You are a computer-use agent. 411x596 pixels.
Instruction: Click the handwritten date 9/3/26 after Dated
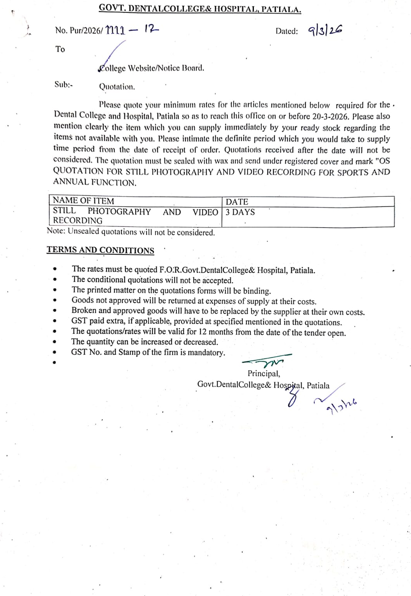point(325,31)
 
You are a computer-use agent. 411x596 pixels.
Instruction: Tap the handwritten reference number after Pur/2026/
point(132,30)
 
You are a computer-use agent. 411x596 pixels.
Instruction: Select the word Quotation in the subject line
point(117,87)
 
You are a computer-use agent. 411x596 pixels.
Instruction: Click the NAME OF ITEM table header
point(83,201)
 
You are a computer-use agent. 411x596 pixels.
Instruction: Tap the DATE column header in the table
point(237,202)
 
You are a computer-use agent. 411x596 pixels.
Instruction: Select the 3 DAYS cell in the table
point(240,212)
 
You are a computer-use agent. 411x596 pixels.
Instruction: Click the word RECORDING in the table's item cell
point(77,221)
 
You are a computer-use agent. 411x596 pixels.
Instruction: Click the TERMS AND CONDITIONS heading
point(100,250)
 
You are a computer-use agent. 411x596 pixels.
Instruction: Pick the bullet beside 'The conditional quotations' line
point(55,279)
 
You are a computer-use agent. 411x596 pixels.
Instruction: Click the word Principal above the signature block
point(264,374)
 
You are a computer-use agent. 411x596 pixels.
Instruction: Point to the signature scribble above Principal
point(267,361)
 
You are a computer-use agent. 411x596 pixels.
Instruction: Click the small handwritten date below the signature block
point(341,406)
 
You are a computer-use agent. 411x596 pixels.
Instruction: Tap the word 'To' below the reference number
point(60,49)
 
